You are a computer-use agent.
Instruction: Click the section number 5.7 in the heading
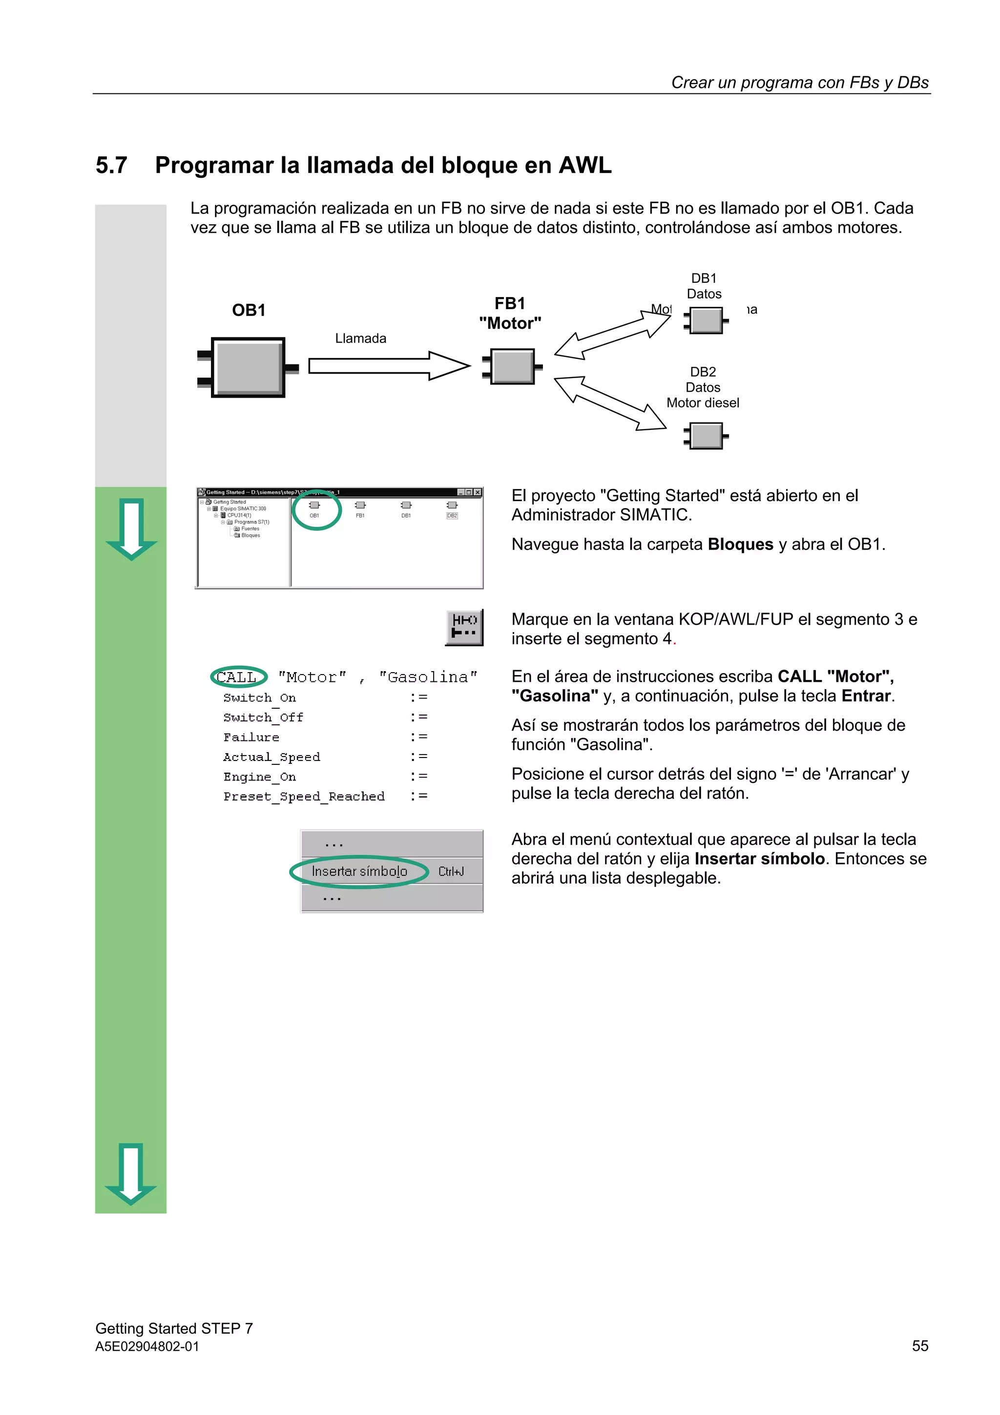pyautogui.click(x=111, y=166)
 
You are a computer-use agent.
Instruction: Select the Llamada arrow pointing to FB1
pyautogui.click(x=389, y=366)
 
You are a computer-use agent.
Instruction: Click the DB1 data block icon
pyautogui.click(x=706, y=320)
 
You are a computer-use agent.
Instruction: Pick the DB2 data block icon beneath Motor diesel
pyautogui.click(x=706, y=436)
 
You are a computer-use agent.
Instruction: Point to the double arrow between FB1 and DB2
pyautogui.click(x=610, y=403)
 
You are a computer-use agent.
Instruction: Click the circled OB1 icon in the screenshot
pyautogui.click(x=314, y=508)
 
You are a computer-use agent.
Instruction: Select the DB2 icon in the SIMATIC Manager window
pyautogui.click(x=452, y=509)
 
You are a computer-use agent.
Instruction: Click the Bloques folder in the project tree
pyautogui.click(x=250, y=535)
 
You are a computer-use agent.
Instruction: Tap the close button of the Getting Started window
pyautogui.click(x=478, y=492)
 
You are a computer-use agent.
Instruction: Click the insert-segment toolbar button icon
pyautogui.click(x=464, y=627)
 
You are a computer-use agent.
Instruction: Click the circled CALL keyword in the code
pyautogui.click(x=237, y=677)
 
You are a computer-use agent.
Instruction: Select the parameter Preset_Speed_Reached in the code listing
pyautogui.click(x=304, y=796)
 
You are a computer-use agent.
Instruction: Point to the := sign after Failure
pyautogui.click(x=418, y=737)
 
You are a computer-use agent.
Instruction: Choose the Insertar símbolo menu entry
pyautogui.click(x=359, y=871)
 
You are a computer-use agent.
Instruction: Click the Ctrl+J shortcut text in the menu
pyautogui.click(x=451, y=871)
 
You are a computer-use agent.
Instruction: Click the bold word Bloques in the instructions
pyautogui.click(x=740, y=544)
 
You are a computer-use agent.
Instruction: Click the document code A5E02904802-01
pyautogui.click(x=147, y=1347)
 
